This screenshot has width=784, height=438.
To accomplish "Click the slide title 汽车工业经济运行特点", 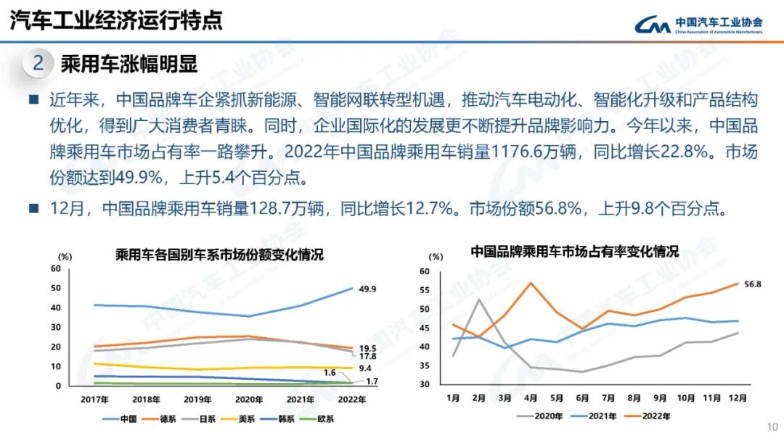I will pyautogui.click(x=115, y=20).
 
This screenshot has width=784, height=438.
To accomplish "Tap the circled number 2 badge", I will pyautogui.click(x=38, y=64).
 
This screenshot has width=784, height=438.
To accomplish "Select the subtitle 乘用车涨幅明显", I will pyautogui.click(x=129, y=64).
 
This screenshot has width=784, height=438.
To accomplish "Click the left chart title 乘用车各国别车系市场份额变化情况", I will pyautogui.click(x=219, y=255).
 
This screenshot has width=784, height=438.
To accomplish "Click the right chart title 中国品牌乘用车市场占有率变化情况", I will pyautogui.click(x=573, y=252).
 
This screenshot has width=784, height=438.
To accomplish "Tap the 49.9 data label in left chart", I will pyautogui.click(x=368, y=289).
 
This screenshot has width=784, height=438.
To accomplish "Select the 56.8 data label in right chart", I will pyautogui.click(x=752, y=284).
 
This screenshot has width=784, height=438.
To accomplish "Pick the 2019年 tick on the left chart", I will pyautogui.click(x=197, y=399).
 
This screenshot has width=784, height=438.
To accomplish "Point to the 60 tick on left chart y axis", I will pyautogui.click(x=55, y=268).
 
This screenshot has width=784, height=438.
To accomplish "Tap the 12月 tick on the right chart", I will pyautogui.click(x=736, y=397).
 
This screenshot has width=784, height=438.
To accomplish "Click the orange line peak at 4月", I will pyautogui.click(x=531, y=283).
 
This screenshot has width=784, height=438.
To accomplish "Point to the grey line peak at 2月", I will pyautogui.click(x=479, y=299).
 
